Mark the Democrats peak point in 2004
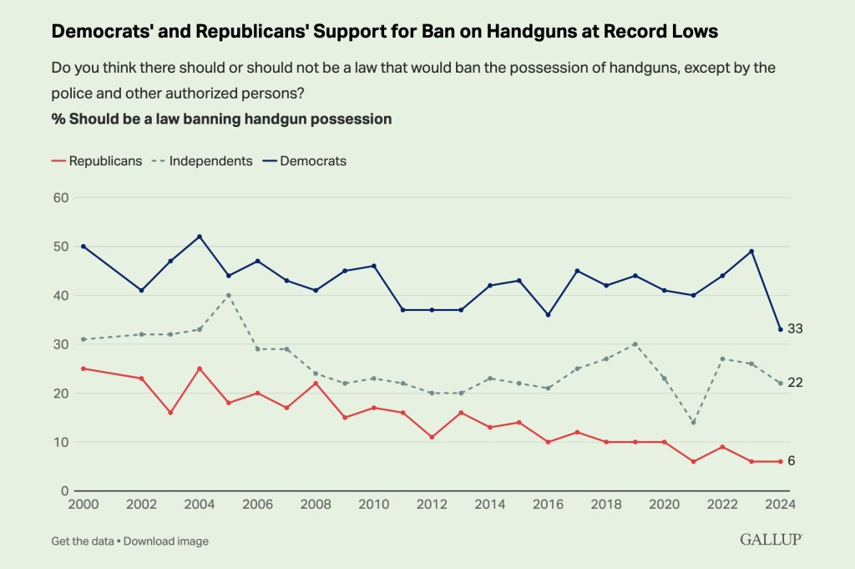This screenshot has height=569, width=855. tap(200, 236)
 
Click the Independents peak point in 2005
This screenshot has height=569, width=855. tap(228, 295)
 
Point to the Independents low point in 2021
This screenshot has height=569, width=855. tap(693, 422)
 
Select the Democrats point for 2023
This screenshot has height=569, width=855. tap(751, 251)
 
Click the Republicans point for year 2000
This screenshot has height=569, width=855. tap(83, 368)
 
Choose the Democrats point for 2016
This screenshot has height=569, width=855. tap(548, 315)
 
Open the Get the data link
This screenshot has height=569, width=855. tap(81, 541)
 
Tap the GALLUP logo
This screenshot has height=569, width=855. tap(771, 540)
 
